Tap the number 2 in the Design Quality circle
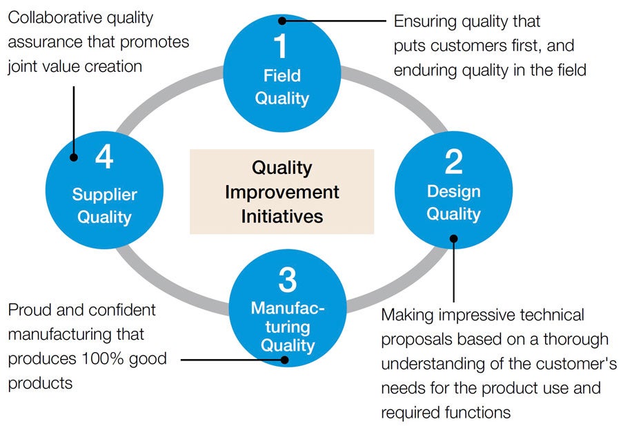[x=453, y=162]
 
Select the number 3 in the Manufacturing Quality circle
[x=288, y=280]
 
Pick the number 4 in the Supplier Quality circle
[x=104, y=158]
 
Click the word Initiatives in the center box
[x=282, y=216]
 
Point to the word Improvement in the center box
[x=282, y=192]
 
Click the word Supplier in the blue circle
[x=104, y=195]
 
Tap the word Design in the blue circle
[x=453, y=191]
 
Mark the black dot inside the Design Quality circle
[x=453, y=239]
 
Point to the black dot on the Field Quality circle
[x=282, y=21]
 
